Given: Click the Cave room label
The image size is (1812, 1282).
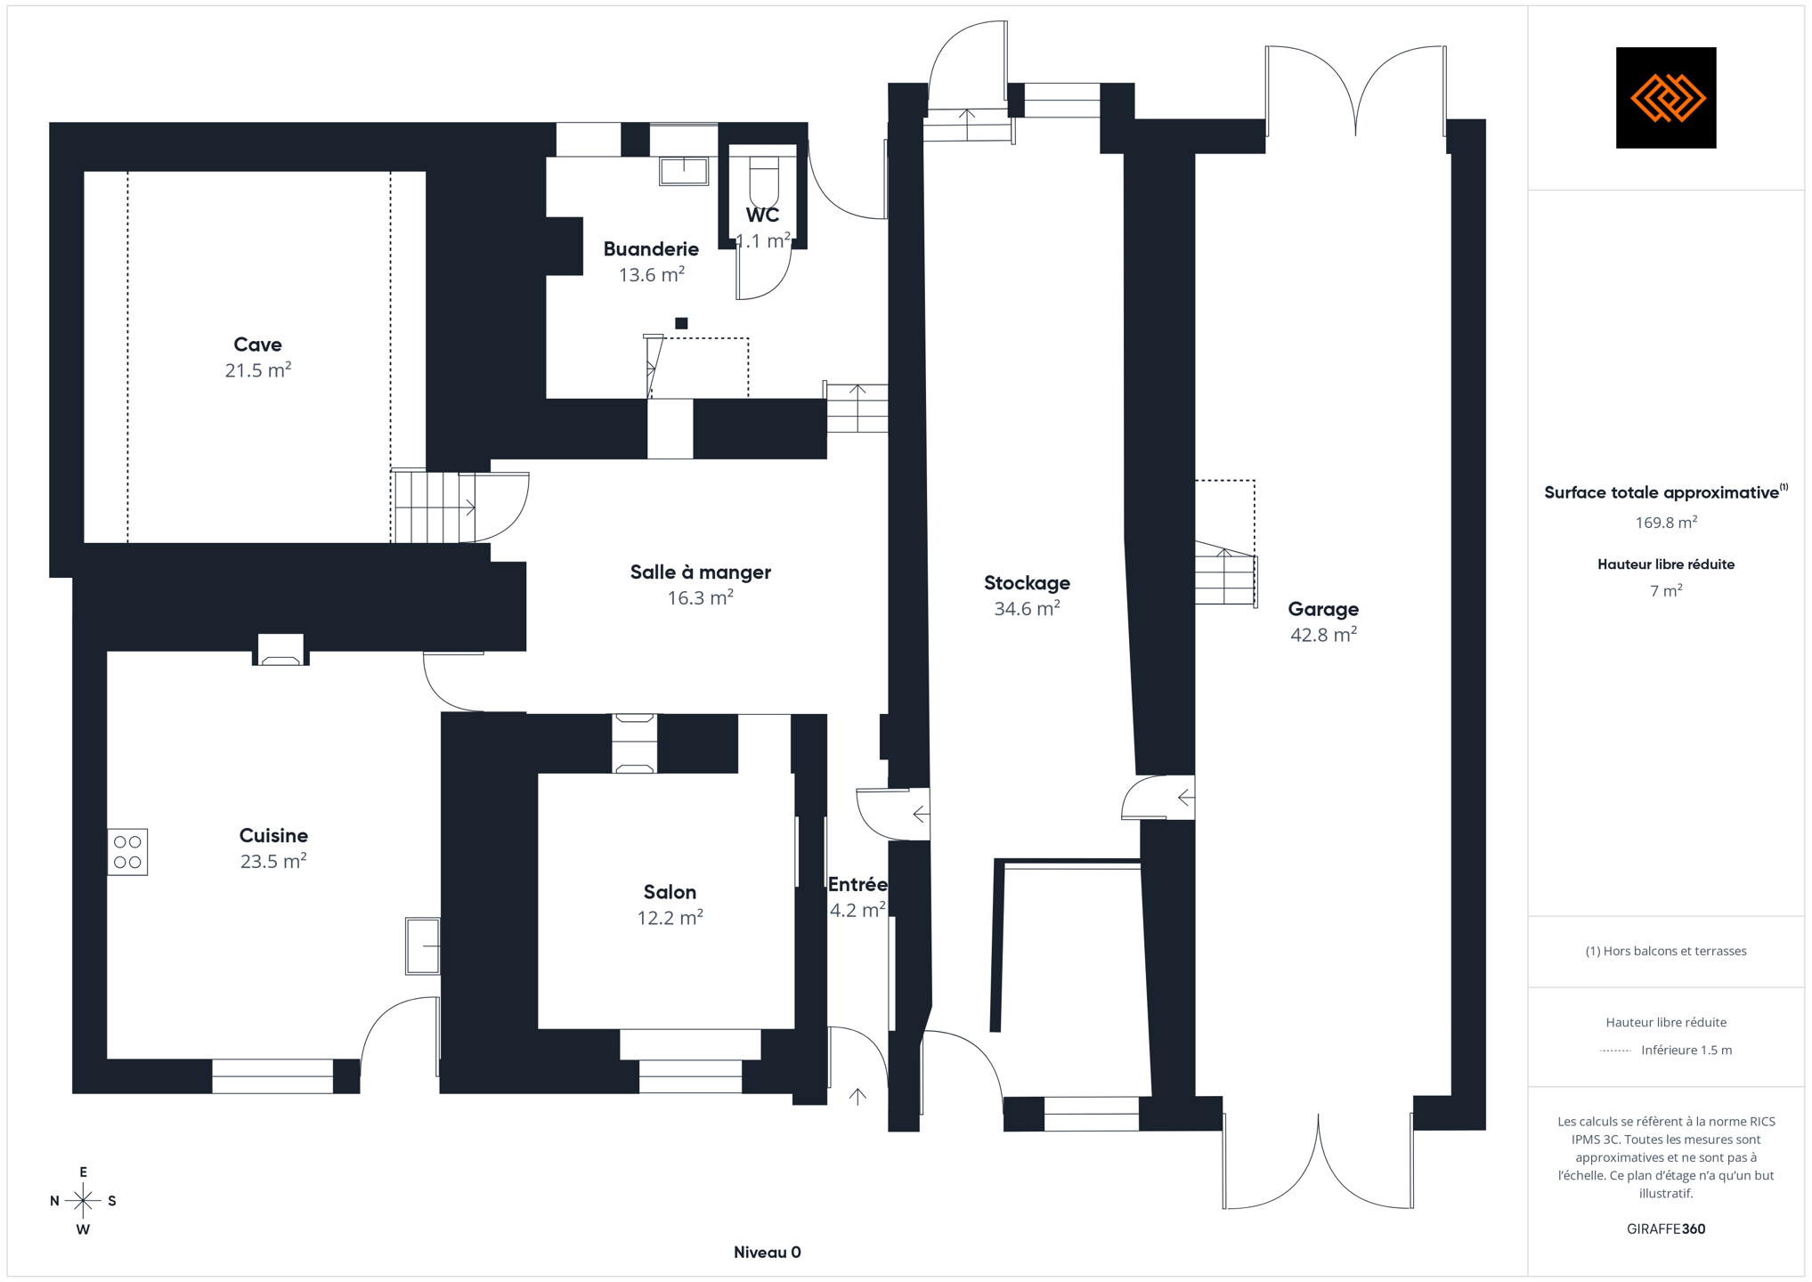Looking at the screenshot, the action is click(x=257, y=345).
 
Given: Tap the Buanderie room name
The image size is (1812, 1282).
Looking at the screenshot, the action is click(x=651, y=249).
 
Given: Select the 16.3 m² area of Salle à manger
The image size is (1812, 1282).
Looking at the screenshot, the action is click(x=701, y=597).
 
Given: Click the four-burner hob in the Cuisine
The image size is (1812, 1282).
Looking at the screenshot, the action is click(x=127, y=852).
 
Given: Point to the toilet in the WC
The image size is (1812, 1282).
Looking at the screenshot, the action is click(x=764, y=182).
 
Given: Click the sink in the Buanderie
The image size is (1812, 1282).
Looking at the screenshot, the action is click(x=684, y=171).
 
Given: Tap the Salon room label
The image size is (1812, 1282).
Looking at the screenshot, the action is click(x=670, y=892).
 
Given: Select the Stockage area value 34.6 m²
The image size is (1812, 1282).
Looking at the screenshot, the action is click(x=1027, y=608).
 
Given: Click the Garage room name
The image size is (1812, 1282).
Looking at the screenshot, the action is click(x=1323, y=609).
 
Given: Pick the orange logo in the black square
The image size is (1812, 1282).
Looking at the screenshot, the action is click(x=1667, y=98).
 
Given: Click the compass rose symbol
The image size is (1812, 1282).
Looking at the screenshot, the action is click(x=83, y=1201).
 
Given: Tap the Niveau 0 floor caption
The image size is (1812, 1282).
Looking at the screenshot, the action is click(x=767, y=1253).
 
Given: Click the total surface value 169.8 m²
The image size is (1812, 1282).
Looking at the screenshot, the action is click(x=1666, y=523).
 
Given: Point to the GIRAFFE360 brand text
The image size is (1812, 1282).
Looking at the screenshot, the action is click(x=1666, y=1229).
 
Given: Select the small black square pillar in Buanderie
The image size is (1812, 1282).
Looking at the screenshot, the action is click(x=681, y=323).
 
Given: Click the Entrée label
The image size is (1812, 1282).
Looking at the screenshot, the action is click(x=857, y=885).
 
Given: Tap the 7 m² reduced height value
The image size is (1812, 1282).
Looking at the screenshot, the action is click(x=1666, y=590).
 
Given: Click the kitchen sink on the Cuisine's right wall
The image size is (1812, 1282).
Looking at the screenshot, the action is click(x=423, y=945).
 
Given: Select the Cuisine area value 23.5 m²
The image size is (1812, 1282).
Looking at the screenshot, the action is click(x=273, y=861).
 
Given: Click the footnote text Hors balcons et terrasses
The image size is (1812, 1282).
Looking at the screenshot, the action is click(x=1666, y=951).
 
